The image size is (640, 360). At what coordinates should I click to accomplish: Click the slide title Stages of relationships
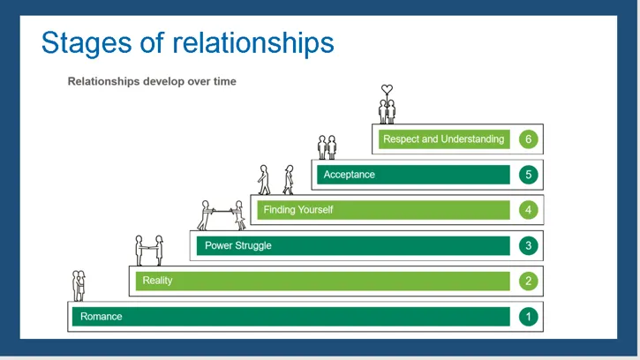coord(187,42)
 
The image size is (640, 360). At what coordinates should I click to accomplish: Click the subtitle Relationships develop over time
coord(152,81)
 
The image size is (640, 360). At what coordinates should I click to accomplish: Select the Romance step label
coord(102,316)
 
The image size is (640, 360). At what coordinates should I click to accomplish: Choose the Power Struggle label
coord(237,245)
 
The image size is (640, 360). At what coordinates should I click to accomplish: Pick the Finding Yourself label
coord(298,210)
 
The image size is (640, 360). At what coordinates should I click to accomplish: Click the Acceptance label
coord(349,175)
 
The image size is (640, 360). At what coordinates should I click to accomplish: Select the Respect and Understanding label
coord(443,139)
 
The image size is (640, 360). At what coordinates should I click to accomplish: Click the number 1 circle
coord(528,316)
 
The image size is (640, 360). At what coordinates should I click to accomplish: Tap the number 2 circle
coord(528,281)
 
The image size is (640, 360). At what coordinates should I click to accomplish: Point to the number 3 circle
coord(528,245)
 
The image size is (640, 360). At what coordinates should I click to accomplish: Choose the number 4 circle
coord(528,210)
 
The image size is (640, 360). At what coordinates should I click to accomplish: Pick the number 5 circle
coord(528,175)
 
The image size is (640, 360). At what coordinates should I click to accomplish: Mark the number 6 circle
coord(528,139)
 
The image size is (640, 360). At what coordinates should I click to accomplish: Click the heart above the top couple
coord(387,89)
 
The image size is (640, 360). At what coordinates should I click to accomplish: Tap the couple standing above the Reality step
coord(148,250)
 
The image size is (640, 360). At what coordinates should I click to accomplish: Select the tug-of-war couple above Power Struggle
coord(221,214)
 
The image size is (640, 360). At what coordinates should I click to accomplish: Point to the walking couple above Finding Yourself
coord(275,179)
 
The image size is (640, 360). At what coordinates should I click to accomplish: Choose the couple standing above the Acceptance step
coord(328,146)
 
